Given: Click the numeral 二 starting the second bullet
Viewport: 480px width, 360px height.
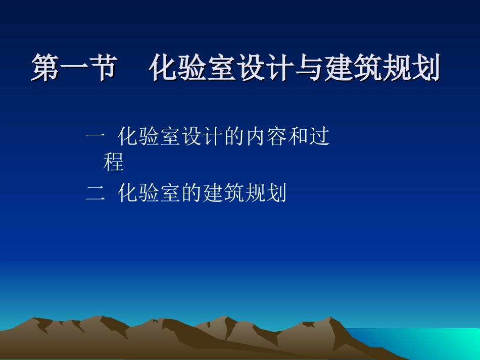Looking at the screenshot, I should tap(95, 193).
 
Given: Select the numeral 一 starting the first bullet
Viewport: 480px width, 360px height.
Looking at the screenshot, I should tap(95, 137).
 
